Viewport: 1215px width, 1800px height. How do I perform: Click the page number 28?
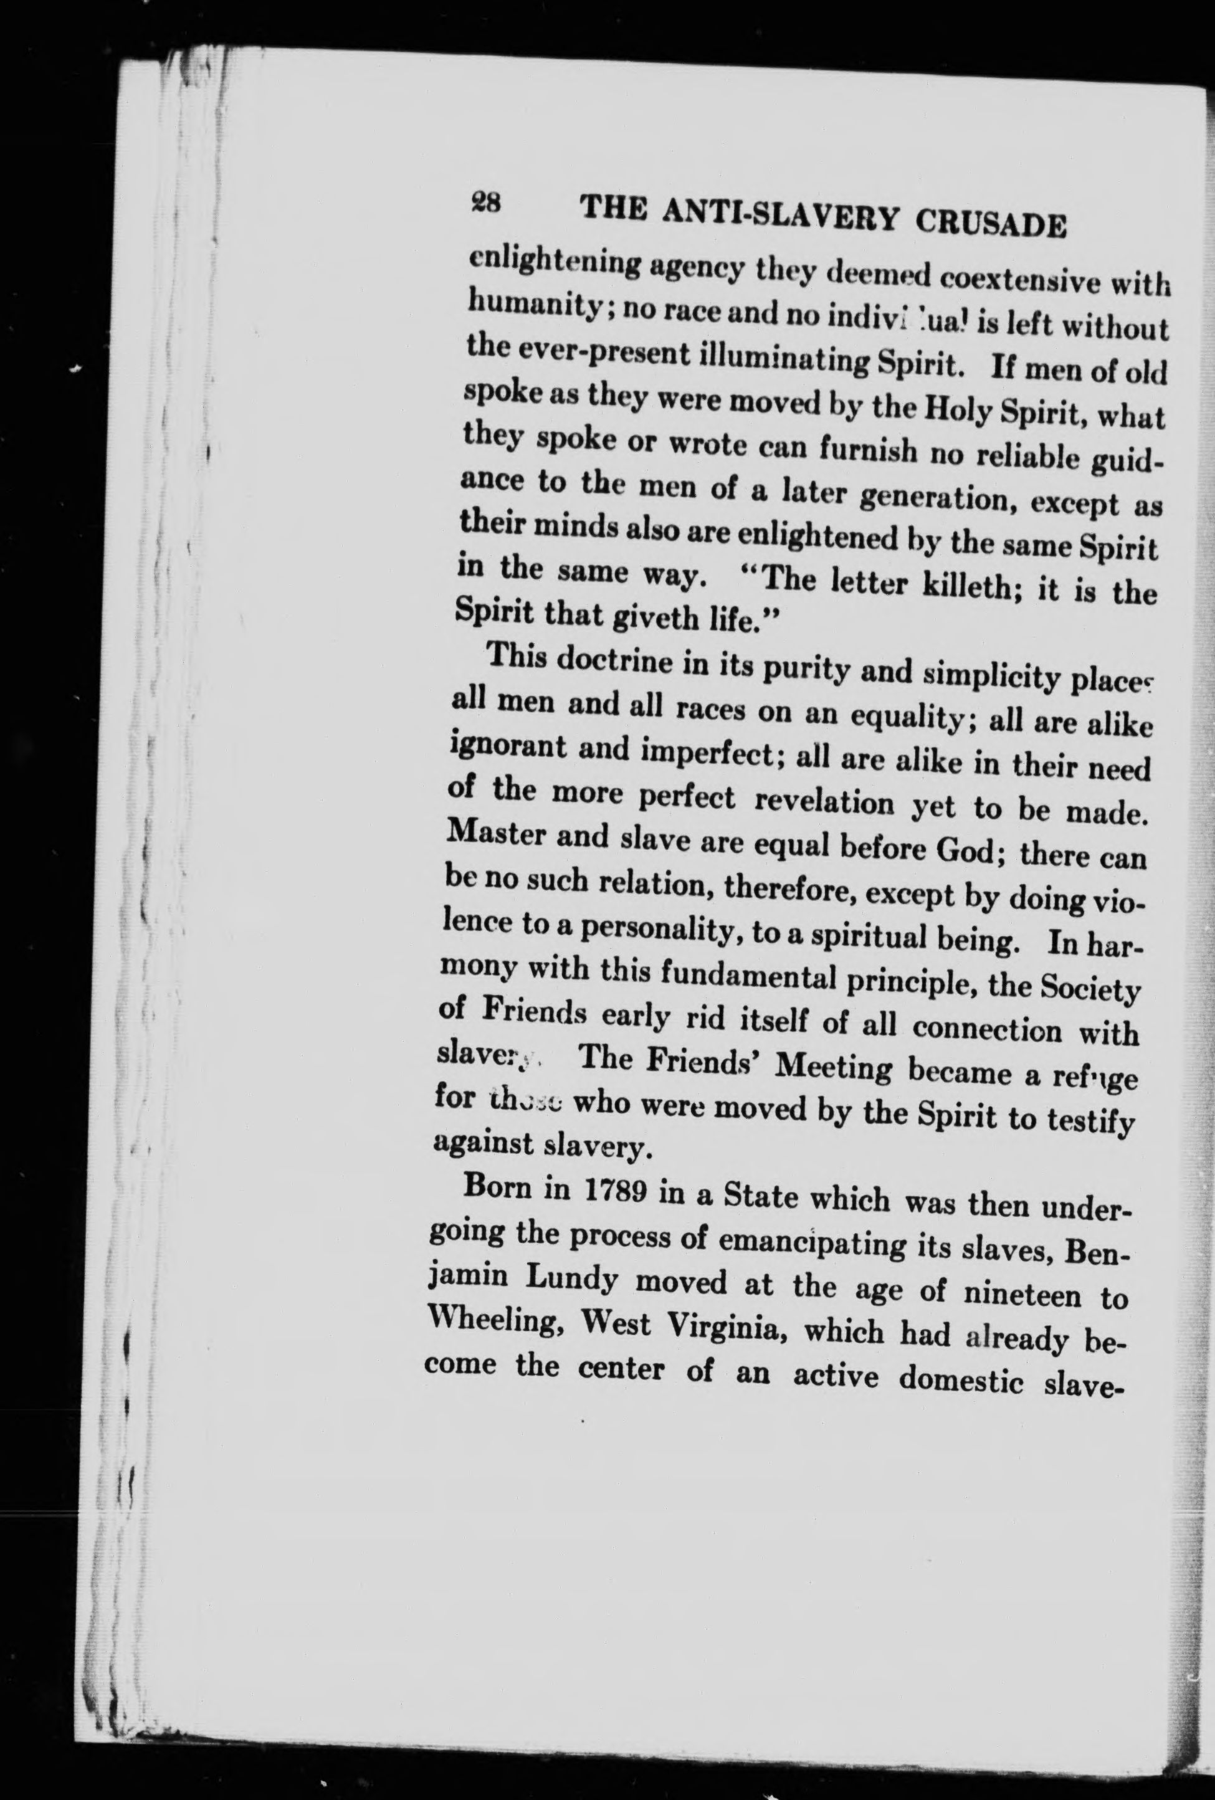point(485,204)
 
